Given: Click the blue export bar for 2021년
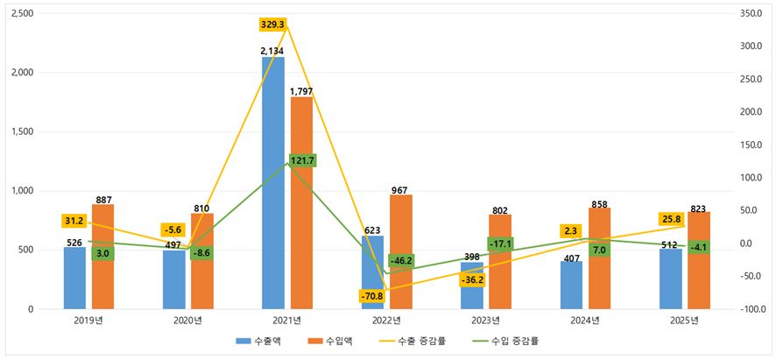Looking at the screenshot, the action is (273, 183).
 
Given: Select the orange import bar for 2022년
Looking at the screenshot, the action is (401, 252).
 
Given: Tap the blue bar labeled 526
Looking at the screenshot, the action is (74, 279).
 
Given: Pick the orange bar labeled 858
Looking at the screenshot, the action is (599, 258).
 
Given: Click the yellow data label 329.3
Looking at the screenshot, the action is (273, 24).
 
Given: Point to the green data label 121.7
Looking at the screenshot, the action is (302, 160).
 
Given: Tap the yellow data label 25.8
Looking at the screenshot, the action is (672, 218).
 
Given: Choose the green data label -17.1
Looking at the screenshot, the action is (501, 244).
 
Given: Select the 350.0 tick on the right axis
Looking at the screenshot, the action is (752, 13).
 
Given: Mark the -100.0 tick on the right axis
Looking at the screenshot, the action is (751, 309).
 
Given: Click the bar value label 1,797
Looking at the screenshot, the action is (301, 91).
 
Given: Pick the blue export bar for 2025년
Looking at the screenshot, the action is (671, 279).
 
